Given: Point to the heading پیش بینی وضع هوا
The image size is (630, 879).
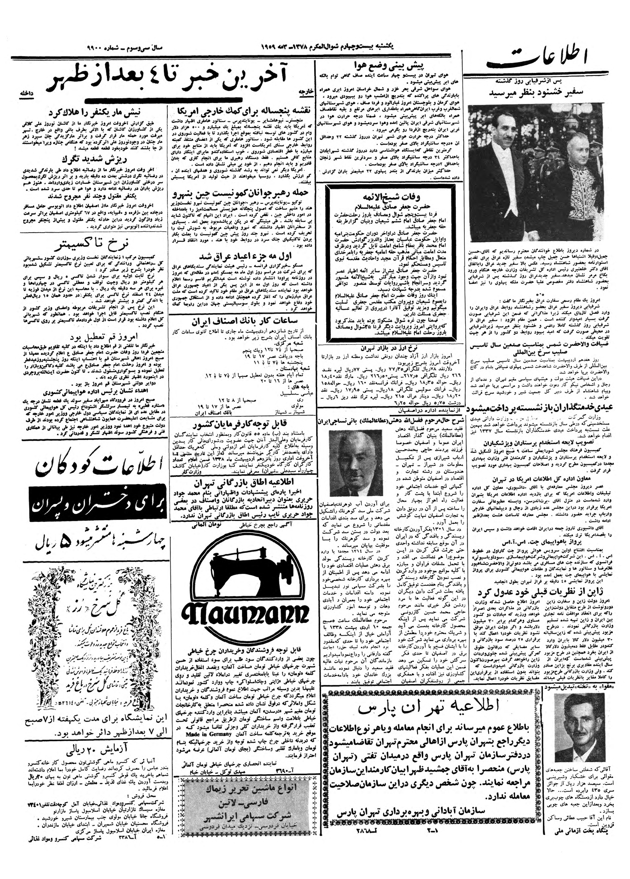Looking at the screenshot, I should click(389, 65).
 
